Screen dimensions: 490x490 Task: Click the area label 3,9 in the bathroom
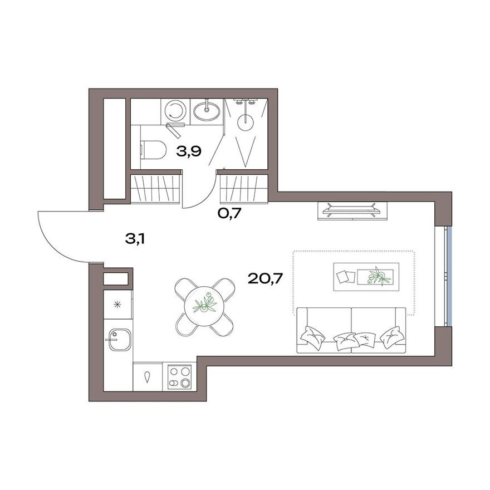(189, 150)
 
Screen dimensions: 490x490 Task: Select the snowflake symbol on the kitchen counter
(117, 304)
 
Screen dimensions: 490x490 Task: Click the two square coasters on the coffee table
(345, 277)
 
